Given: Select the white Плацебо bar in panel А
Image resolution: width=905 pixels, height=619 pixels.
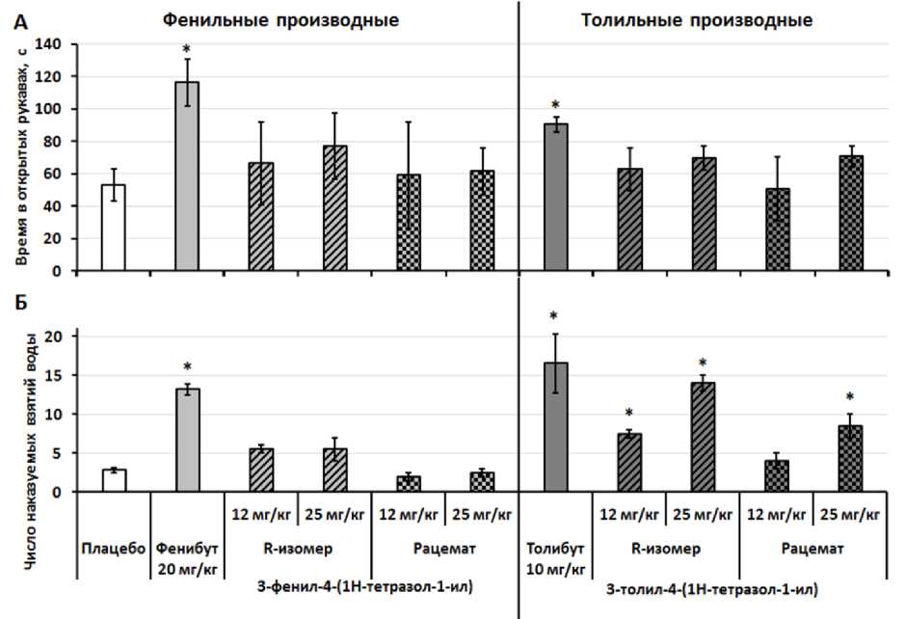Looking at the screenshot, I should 113,228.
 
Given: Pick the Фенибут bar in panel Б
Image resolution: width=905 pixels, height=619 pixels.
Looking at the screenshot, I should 187,440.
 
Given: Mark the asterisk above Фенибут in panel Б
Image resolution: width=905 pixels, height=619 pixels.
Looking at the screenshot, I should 187,367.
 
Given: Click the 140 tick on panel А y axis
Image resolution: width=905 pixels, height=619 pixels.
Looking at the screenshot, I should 47,44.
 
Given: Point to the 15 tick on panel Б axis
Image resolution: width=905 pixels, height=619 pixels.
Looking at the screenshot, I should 54,375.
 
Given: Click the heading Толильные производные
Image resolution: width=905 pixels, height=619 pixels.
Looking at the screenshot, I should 697,19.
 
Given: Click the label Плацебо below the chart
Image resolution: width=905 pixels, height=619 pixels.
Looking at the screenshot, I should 113,549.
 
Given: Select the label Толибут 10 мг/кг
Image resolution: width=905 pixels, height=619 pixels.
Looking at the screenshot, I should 556,556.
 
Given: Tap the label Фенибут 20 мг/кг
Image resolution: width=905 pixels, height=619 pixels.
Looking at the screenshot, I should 187,556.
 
